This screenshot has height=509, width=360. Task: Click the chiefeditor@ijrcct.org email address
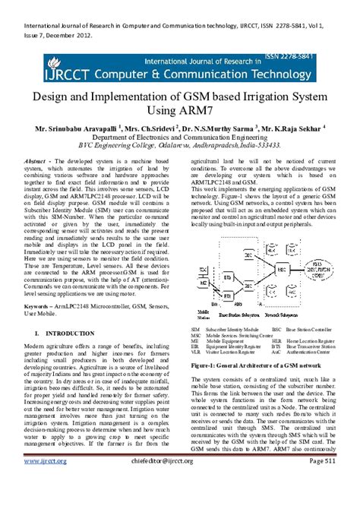tap(174, 481)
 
